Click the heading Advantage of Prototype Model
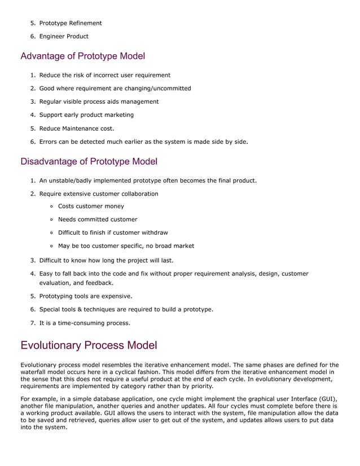(x=82, y=56)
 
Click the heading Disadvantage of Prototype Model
(x=89, y=161)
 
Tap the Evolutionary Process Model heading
(x=89, y=345)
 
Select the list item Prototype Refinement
(x=71, y=23)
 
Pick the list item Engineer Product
(x=64, y=37)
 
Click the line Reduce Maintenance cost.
(x=77, y=128)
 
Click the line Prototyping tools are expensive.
(x=86, y=296)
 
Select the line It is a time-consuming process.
(x=85, y=323)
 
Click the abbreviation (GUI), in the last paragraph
(x=327, y=399)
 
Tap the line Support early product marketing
(x=86, y=115)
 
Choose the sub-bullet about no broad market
(x=126, y=246)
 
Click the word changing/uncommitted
(x=163, y=89)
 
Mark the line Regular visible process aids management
(x=99, y=102)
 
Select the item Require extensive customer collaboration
(x=99, y=194)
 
